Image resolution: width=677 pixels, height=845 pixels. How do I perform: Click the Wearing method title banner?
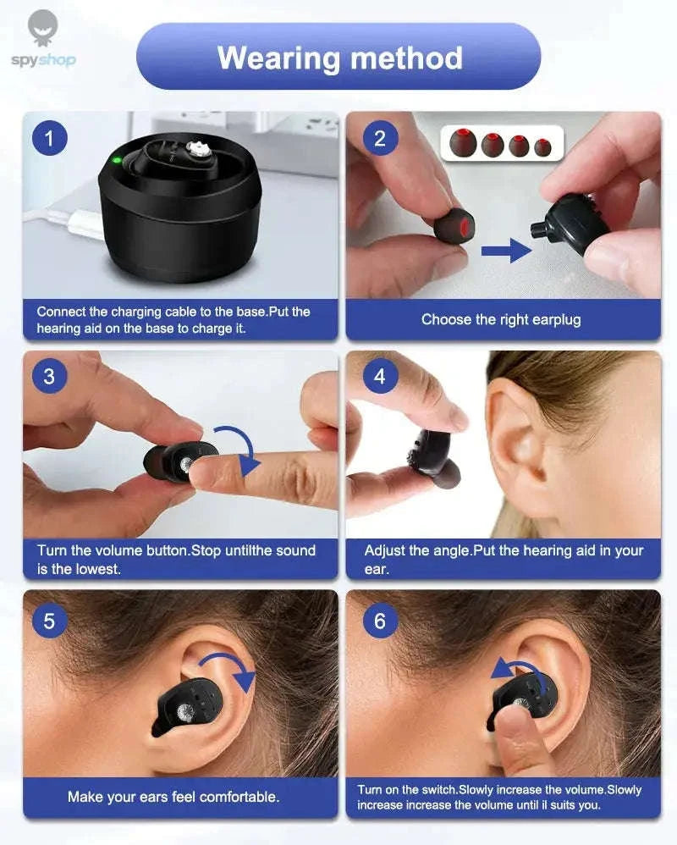pos(338,57)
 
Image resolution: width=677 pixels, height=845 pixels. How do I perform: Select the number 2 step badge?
pos(379,137)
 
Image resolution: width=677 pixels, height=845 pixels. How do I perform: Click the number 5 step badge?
pos(49,621)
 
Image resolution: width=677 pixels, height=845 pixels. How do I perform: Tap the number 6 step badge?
pos(379,621)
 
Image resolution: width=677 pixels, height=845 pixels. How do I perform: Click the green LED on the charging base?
pos(117,159)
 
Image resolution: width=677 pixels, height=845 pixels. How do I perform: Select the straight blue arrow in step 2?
pos(506,250)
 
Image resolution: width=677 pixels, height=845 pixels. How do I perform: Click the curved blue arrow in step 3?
pos(240,450)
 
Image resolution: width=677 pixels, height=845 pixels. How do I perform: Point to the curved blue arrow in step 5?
pos(229,669)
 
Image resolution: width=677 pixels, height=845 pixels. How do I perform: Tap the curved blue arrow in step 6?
pos(517,672)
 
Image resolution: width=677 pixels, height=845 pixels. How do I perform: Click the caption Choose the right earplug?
pos(501,320)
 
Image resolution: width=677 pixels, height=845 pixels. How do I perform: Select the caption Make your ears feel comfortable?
pos(173,797)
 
